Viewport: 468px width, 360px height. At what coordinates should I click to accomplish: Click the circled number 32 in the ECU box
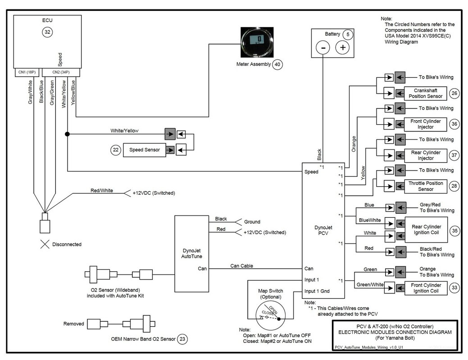[47, 32]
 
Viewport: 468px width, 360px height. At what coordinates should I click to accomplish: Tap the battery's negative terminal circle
[323, 47]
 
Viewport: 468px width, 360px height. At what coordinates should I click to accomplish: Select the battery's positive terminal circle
[343, 47]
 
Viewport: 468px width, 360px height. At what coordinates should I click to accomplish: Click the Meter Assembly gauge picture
[257, 42]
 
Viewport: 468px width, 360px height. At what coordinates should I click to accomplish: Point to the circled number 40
[277, 64]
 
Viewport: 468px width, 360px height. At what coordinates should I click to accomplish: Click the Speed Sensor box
[145, 150]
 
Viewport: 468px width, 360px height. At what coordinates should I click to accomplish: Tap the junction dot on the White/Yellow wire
[68, 134]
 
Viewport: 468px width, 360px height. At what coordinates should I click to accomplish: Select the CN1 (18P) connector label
[27, 72]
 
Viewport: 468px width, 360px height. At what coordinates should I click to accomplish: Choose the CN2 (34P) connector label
[61, 72]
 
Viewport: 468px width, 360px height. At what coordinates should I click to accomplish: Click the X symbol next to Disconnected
[45, 244]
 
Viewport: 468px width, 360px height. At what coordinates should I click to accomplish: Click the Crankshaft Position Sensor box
[425, 93]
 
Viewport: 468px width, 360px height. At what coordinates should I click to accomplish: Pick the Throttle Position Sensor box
[426, 186]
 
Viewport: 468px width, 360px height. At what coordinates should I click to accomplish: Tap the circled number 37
[454, 155]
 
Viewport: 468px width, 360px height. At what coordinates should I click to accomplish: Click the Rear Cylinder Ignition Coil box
[426, 229]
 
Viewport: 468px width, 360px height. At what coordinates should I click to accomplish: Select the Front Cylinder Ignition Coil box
[426, 288]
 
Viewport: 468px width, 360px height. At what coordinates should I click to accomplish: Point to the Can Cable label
[241, 266]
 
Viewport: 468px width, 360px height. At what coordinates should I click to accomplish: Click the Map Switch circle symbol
[270, 316]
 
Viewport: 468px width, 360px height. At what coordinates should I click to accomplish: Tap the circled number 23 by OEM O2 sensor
[182, 339]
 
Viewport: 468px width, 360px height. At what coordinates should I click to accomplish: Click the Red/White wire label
[102, 191]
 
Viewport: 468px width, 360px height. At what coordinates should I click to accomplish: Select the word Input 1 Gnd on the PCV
[317, 291]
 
